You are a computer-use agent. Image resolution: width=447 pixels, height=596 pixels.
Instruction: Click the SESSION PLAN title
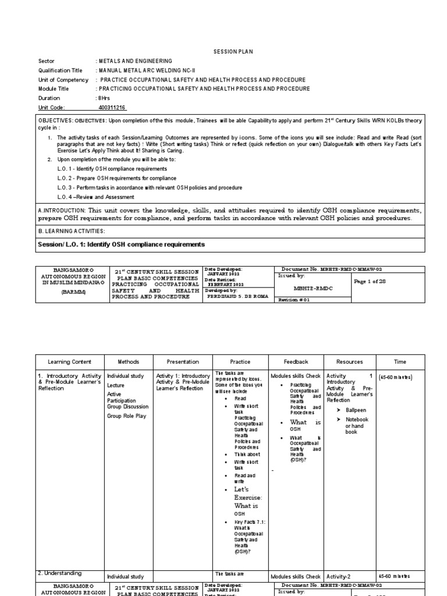pyautogui.click(x=233, y=52)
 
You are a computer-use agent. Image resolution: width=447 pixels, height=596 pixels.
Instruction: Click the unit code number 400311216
pyautogui.click(x=112, y=108)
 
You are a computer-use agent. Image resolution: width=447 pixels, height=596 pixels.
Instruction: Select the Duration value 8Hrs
pyautogui.click(x=104, y=98)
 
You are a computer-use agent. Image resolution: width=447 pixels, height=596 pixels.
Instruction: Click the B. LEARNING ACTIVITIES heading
pyautogui.click(x=72, y=231)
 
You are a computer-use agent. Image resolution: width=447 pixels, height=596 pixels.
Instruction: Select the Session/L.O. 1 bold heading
pyautogui.click(x=121, y=244)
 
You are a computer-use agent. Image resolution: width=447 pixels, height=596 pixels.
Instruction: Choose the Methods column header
pyautogui.click(x=128, y=362)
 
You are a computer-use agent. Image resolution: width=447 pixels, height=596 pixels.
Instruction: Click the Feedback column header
pyautogui.click(x=296, y=362)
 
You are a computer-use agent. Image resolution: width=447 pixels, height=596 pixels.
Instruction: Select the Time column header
pyautogui.click(x=400, y=362)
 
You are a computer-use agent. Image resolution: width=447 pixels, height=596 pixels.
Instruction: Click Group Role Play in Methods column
pyautogui.click(x=126, y=416)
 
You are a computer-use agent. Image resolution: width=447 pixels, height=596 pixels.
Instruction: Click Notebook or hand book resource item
pyautogui.click(x=356, y=425)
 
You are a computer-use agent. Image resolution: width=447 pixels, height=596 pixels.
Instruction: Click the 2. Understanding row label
pyautogui.click(x=59, y=573)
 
